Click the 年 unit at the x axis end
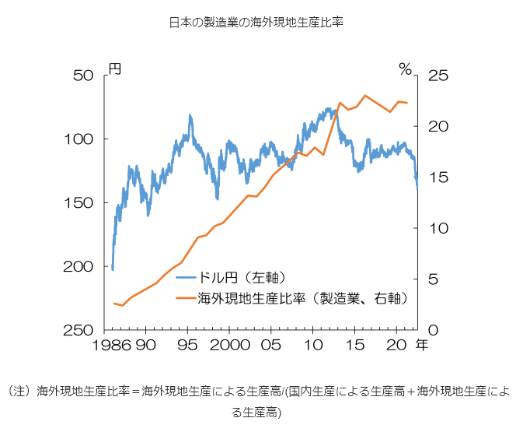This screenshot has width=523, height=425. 421,343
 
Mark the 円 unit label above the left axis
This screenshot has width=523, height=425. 114,70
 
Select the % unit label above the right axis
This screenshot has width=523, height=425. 404,70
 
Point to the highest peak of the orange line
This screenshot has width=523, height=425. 364,95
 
